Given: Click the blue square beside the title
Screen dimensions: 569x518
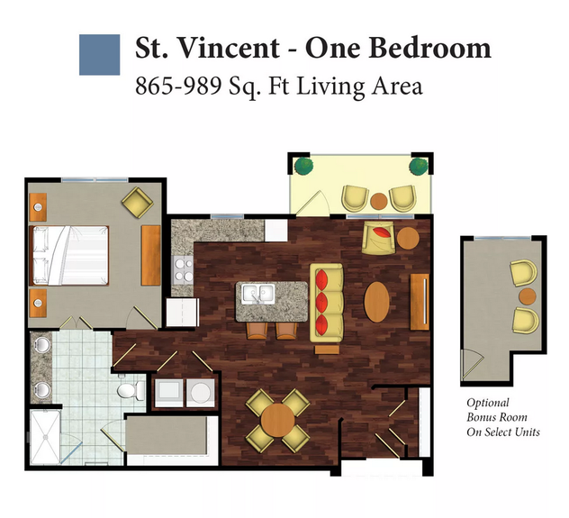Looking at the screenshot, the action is (x=99, y=55).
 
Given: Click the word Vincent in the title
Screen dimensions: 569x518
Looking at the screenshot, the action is (x=229, y=48).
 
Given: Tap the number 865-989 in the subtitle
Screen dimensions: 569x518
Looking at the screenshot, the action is (x=178, y=86).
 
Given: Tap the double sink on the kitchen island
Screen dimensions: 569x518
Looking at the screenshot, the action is (x=258, y=294).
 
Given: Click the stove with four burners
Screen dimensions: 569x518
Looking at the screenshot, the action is (x=184, y=270).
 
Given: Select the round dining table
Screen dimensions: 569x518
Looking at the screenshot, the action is (x=277, y=421).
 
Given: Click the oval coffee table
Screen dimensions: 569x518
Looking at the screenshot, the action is (x=376, y=302).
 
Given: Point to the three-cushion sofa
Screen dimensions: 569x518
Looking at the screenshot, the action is (x=326, y=303).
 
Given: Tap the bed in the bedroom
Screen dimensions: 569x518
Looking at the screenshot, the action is (x=70, y=256).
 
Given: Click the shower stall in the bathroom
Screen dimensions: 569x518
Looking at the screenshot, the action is (x=45, y=437).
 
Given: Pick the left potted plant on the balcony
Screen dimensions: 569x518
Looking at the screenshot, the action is (x=303, y=166).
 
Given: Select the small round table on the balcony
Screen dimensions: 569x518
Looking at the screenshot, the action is (x=379, y=201).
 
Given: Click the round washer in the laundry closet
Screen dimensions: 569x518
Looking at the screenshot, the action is (x=200, y=393).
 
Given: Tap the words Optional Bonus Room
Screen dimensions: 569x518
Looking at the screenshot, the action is (x=496, y=410).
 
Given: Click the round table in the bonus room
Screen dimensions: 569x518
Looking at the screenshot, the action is (x=528, y=296).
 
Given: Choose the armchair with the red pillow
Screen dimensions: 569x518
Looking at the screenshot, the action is (x=378, y=238).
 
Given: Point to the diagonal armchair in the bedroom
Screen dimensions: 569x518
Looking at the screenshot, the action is (x=137, y=203).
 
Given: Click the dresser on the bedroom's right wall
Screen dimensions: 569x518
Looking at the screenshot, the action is (x=151, y=256).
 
